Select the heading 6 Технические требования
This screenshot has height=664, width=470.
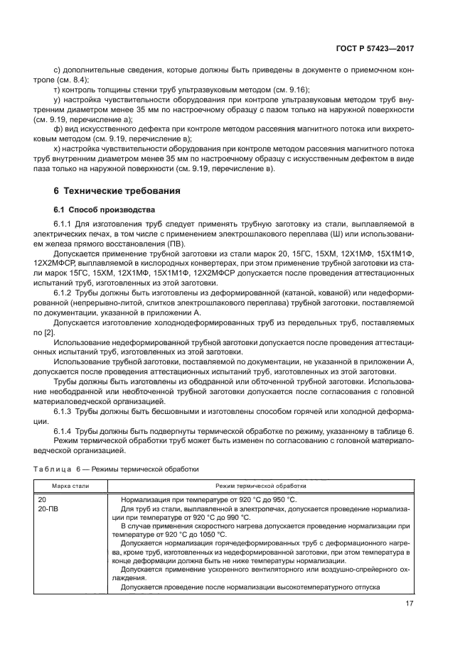pos(117,192)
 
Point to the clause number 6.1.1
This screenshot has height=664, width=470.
pos(65,223)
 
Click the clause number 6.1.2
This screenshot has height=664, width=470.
pos(65,292)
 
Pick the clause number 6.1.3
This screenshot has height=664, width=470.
pos(65,410)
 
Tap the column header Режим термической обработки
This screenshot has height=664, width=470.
pos(261,486)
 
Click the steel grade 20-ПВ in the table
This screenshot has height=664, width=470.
pos(49,509)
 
